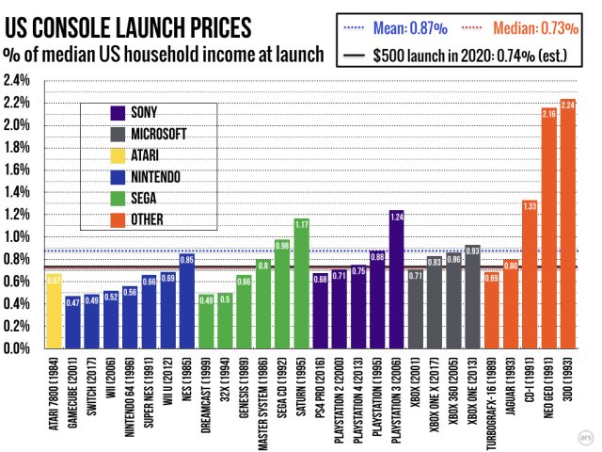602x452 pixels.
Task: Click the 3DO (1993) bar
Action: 567,226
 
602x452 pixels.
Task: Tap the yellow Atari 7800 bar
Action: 54,311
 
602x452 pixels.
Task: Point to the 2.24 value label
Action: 567,105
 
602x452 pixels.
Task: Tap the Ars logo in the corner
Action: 583,436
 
